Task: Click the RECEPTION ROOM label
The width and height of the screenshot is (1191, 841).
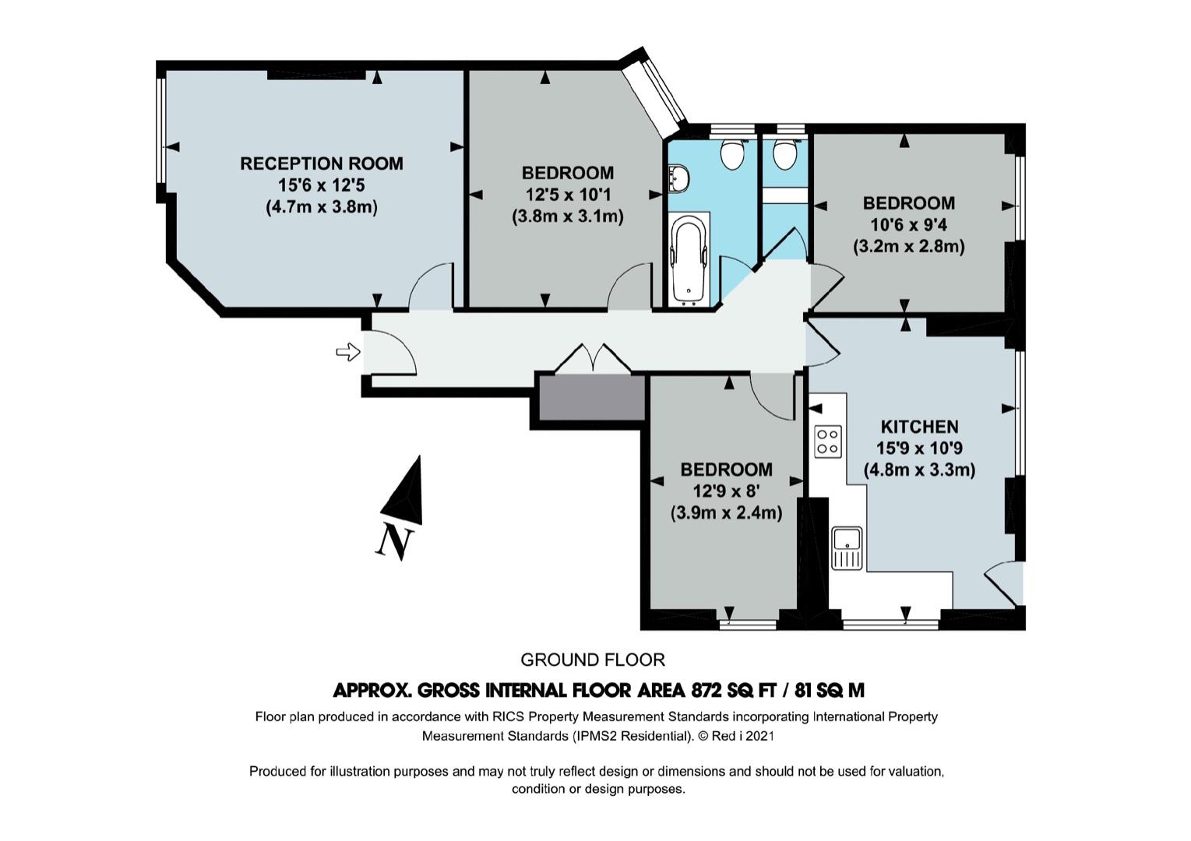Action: pyautogui.click(x=322, y=164)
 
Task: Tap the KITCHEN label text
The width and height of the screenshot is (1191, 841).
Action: pyautogui.click(x=919, y=427)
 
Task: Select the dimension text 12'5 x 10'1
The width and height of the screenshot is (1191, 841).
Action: pyautogui.click(x=568, y=195)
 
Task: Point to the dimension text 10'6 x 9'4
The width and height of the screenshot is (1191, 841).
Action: pyautogui.click(x=908, y=225)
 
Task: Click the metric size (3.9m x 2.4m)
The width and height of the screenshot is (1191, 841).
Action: pyautogui.click(x=726, y=513)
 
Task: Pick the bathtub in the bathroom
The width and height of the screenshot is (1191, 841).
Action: pyautogui.click(x=689, y=261)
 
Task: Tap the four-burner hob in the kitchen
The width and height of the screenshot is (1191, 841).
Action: pyautogui.click(x=828, y=442)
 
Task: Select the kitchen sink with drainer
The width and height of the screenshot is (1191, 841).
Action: pyautogui.click(x=847, y=548)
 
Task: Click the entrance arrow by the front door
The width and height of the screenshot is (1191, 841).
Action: pyautogui.click(x=348, y=351)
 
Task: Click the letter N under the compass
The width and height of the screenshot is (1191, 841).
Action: pyautogui.click(x=395, y=543)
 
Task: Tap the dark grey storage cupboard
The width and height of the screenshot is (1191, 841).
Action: pyautogui.click(x=592, y=398)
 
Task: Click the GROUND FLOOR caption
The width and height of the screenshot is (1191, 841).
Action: pyautogui.click(x=592, y=660)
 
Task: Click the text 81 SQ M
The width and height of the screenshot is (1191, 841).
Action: pyautogui.click(x=830, y=690)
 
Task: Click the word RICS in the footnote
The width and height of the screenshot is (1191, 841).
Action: pyautogui.click(x=508, y=716)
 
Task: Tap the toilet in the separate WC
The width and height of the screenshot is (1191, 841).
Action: pyautogui.click(x=785, y=155)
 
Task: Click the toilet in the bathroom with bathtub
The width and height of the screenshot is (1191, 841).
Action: pyautogui.click(x=732, y=155)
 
